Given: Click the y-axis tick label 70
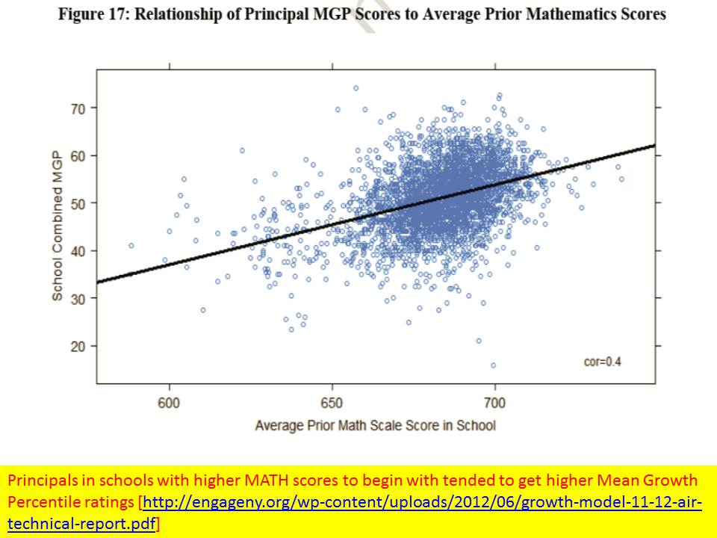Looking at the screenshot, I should point(78,108).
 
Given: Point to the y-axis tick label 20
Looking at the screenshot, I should point(78,346).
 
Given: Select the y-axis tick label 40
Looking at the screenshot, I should point(78,250).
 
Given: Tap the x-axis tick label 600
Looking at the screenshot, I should point(170,403).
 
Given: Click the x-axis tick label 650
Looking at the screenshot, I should point(332,403).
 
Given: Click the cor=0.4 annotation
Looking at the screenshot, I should point(602,362).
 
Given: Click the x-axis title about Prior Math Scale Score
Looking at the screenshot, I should point(375,425).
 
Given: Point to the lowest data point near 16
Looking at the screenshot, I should point(493,365).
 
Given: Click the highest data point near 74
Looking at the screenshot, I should point(356,88).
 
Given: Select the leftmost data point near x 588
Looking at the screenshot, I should point(131,245).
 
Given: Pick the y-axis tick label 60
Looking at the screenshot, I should point(78,155).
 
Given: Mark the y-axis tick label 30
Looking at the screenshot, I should point(78,298).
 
